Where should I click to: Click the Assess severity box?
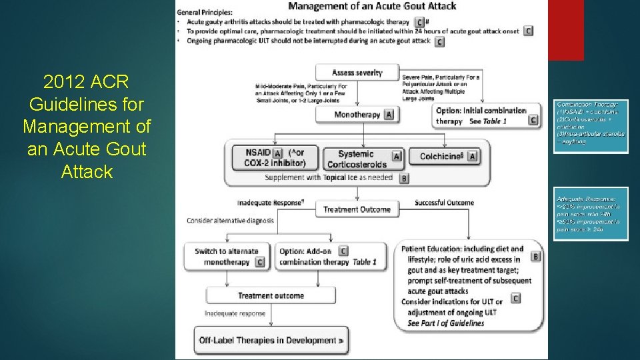(357, 73)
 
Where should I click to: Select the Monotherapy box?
(357, 115)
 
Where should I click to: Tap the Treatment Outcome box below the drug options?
(357, 209)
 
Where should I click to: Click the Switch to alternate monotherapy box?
(227, 257)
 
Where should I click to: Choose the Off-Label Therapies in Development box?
(271, 340)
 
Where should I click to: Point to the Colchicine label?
(440, 157)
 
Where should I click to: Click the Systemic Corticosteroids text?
(357, 159)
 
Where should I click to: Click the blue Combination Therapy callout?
(591, 127)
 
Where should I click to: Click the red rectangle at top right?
(565, 30)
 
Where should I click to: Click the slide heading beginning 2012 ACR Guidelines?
(87, 127)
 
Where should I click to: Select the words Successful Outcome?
(444, 203)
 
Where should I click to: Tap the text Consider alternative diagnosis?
(230, 221)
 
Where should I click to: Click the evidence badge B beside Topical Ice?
(404, 178)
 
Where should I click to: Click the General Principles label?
(205, 12)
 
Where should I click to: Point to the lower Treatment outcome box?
(271, 295)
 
